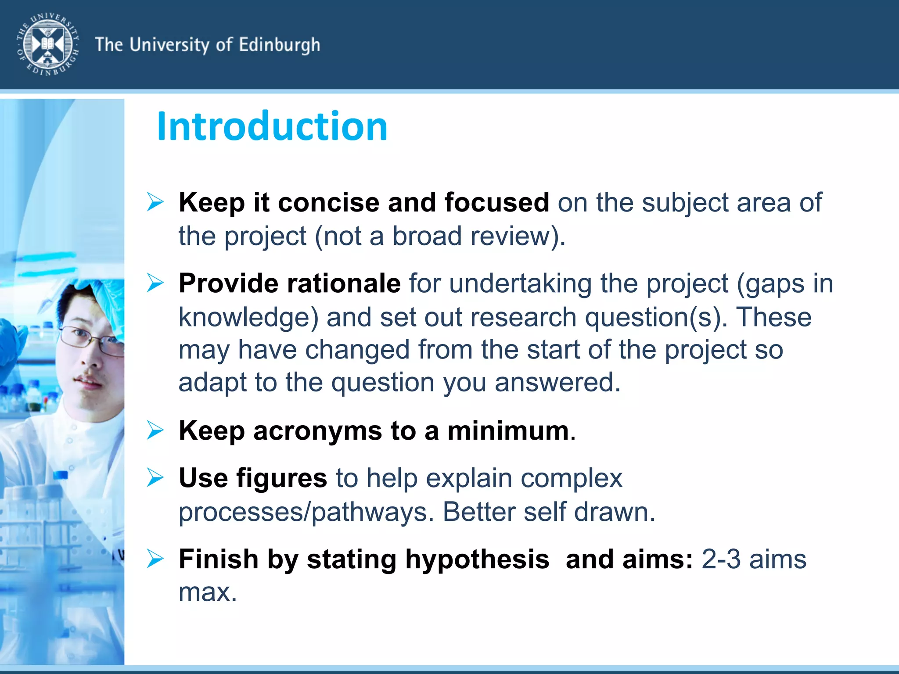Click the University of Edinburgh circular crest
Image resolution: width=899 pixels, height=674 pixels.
point(48,44)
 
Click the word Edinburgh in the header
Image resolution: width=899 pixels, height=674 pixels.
point(279,45)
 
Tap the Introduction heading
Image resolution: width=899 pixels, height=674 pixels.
point(272,126)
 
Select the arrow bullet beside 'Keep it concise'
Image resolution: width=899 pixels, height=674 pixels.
point(155,202)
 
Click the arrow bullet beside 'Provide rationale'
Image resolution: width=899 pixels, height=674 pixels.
point(155,283)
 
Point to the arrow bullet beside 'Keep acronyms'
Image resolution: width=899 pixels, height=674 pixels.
point(155,430)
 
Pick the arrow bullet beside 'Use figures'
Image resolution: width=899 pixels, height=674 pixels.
point(155,477)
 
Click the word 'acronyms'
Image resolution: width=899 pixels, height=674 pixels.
point(317,430)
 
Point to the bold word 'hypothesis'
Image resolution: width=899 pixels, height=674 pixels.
point(477,559)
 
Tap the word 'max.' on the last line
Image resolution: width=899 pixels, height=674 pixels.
point(208,592)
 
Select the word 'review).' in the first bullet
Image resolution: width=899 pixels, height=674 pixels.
point(518,236)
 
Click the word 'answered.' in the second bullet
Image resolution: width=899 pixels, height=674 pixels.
point(557,382)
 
